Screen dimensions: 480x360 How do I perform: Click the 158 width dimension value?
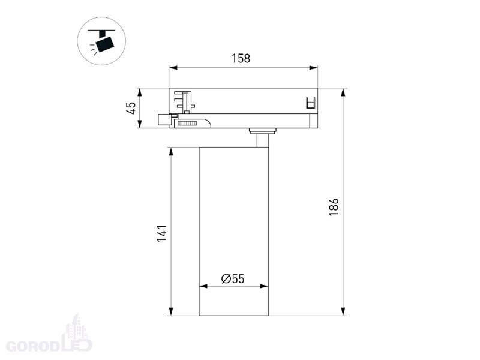click(x=241, y=58)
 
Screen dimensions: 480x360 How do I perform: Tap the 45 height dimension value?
click(x=131, y=108)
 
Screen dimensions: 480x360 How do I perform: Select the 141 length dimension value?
click(x=162, y=233)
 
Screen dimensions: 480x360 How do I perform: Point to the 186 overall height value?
click(x=334, y=207)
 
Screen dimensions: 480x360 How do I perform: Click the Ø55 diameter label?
click(x=233, y=279)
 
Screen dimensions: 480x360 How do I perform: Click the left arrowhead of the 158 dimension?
click(x=173, y=68)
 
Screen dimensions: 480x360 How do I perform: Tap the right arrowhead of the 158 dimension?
click(x=313, y=68)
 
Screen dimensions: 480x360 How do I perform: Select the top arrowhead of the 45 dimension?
click(x=140, y=92)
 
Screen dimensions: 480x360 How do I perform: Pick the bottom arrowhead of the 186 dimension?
click(x=343, y=311)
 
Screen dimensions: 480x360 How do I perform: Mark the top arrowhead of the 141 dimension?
click(x=171, y=152)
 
